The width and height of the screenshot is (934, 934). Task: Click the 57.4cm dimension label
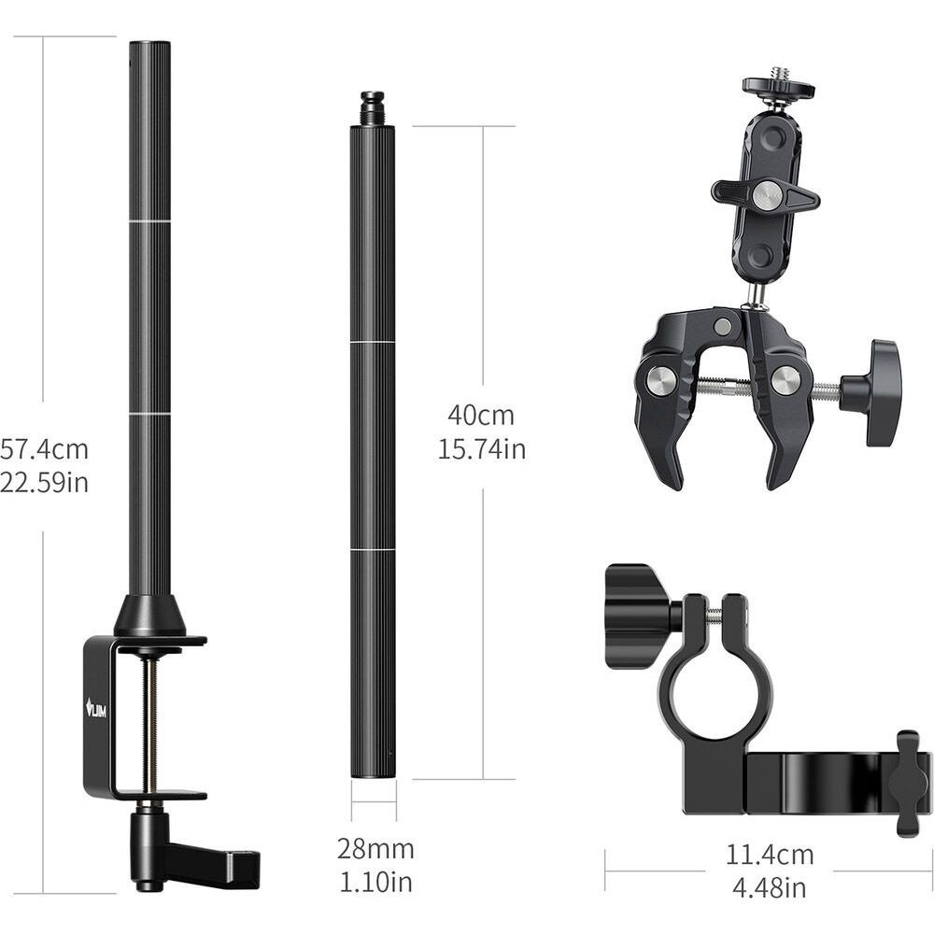pos(44,449)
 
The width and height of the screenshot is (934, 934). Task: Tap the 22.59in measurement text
pos(44,482)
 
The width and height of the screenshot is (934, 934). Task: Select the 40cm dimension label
pos(481,416)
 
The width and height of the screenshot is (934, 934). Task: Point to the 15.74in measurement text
pos(482,448)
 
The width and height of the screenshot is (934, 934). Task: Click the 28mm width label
pos(375,849)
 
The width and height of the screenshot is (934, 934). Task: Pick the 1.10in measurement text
pos(375,882)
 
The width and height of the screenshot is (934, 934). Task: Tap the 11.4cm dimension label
pos(769,855)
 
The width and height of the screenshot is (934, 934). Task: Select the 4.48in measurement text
pos(769,888)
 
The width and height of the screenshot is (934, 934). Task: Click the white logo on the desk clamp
pos(96,708)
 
